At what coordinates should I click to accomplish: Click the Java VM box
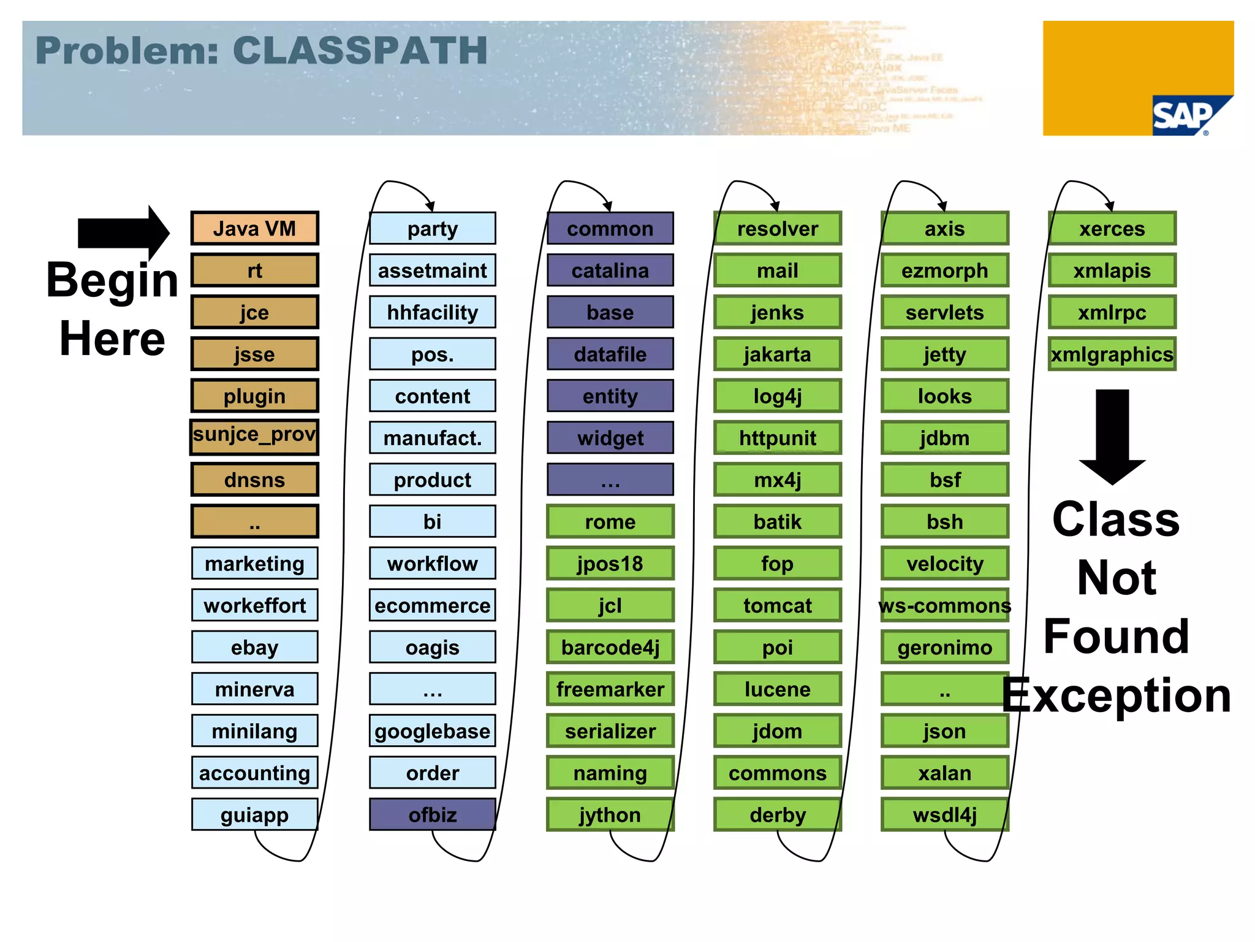pos(254,229)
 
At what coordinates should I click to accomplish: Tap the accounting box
pos(254,773)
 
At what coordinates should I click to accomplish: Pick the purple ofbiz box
pos(433,814)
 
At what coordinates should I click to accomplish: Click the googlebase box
pos(433,731)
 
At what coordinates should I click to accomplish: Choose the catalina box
pos(610,270)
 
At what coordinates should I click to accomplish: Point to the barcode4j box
pos(610,648)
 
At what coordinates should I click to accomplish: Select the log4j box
pos(778,396)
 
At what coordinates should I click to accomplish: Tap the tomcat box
pos(778,605)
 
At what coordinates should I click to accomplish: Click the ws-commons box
pos(945,605)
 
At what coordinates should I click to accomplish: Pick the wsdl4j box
pos(945,814)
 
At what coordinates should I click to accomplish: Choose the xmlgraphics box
pos(1112,354)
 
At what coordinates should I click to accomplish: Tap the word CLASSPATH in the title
pos(360,50)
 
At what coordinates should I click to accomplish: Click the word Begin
pos(113,281)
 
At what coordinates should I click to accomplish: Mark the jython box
pos(610,814)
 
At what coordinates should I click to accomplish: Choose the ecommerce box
pos(433,605)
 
